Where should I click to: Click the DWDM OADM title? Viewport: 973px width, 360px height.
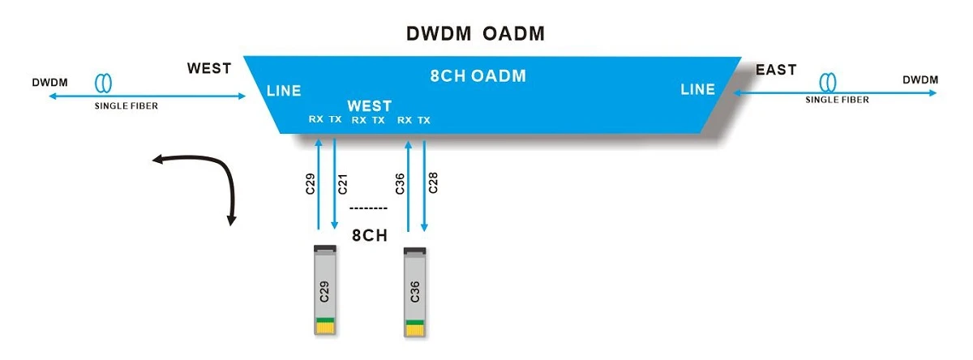[x=475, y=33]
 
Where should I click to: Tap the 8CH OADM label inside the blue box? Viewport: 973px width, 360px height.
[x=478, y=76]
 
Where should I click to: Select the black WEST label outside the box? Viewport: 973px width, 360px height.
[x=209, y=68]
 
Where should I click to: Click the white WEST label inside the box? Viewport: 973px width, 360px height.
[x=369, y=105]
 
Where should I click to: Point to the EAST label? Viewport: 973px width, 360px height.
[x=776, y=70]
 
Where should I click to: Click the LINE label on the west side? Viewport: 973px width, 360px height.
[x=284, y=91]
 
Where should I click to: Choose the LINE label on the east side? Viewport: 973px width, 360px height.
[x=697, y=89]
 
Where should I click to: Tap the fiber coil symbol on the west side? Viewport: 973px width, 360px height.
[x=104, y=83]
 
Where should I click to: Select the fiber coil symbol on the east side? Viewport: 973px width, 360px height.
[x=828, y=82]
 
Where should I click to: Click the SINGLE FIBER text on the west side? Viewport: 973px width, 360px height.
[x=126, y=106]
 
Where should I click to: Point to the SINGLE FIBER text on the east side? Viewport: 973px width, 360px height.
[x=837, y=100]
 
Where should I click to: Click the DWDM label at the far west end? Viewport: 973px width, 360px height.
[x=50, y=83]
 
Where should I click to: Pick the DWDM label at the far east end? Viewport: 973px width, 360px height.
[x=920, y=80]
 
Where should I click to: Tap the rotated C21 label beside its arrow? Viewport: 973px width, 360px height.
[x=343, y=184]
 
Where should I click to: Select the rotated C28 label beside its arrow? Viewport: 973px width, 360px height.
[x=433, y=182]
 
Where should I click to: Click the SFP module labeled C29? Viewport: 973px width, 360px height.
[x=325, y=290]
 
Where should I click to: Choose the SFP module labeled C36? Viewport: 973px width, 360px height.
[x=415, y=292]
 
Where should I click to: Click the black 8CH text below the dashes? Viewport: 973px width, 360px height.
[x=369, y=235]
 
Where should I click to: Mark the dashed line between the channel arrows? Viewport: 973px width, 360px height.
[x=368, y=209]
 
